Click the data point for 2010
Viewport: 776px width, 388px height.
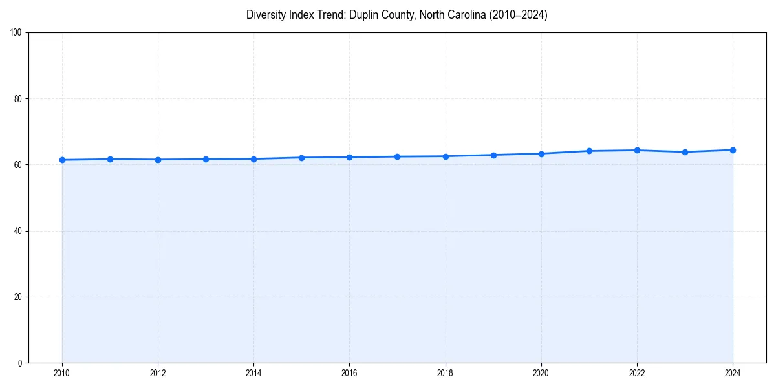(62, 160)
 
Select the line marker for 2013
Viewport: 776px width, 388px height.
(206, 159)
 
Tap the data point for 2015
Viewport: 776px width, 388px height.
(301, 158)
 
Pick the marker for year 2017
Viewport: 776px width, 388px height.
(397, 156)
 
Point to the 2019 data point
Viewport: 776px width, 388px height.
(493, 155)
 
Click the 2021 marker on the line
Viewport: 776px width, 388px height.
(589, 151)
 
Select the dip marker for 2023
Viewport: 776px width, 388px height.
(685, 152)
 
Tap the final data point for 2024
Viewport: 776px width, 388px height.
(733, 150)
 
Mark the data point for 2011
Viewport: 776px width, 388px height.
(110, 159)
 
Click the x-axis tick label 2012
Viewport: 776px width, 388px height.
(158, 372)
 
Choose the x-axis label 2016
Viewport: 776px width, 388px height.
(349, 372)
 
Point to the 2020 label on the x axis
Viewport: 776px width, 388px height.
(541, 372)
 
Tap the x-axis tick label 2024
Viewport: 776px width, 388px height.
(733, 372)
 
